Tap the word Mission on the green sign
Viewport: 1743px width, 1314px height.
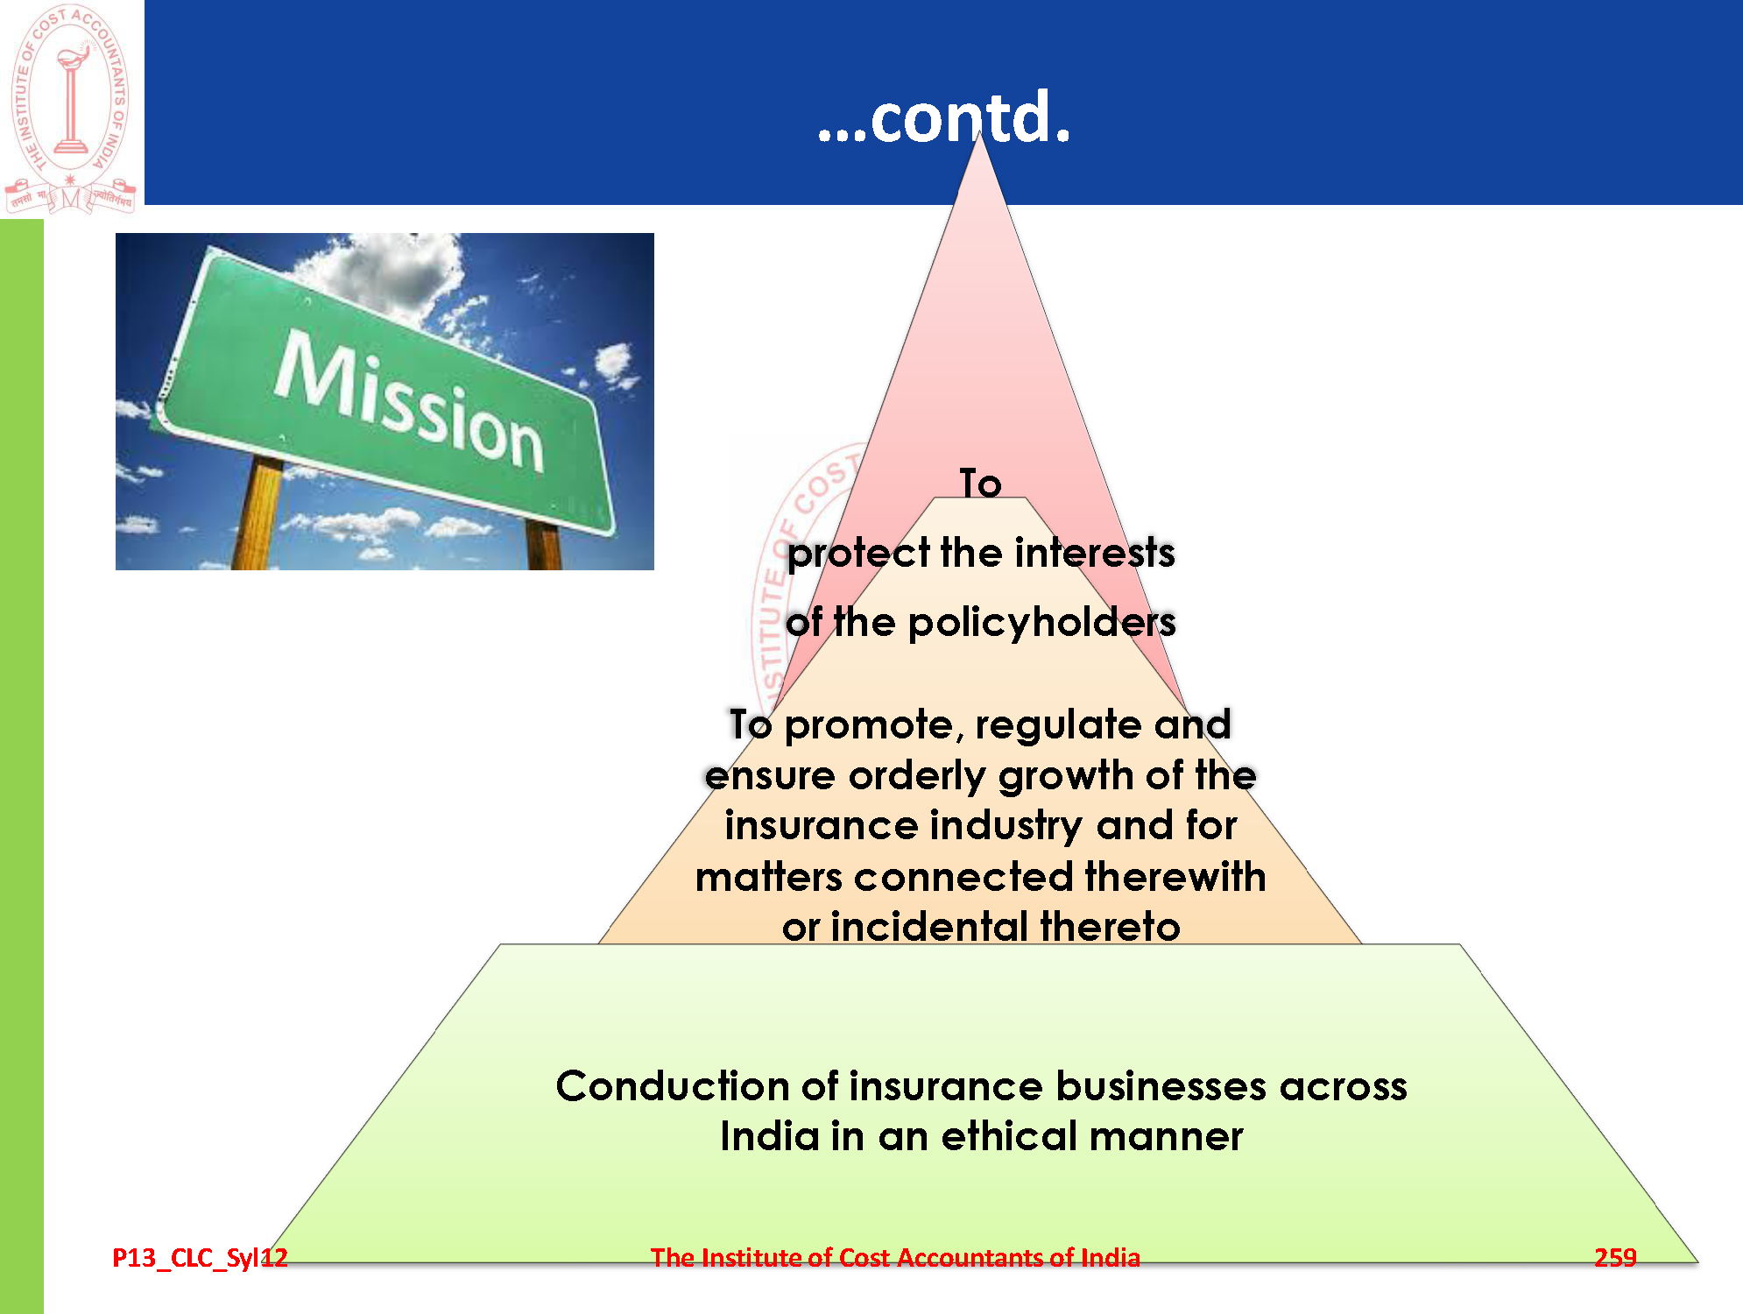pos(409,400)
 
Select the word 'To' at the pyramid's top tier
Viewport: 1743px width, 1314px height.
pos(980,484)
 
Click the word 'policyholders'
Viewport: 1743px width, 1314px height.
pos(1041,623)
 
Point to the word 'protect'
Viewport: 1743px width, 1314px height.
pos(858,554)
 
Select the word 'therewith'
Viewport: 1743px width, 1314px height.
pos(1175,877)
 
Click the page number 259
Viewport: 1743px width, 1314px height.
pos(1615,1258)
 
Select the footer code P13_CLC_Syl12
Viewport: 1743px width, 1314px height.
pos(200,1258)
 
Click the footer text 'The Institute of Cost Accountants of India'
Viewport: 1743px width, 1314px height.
pos(895,1258)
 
